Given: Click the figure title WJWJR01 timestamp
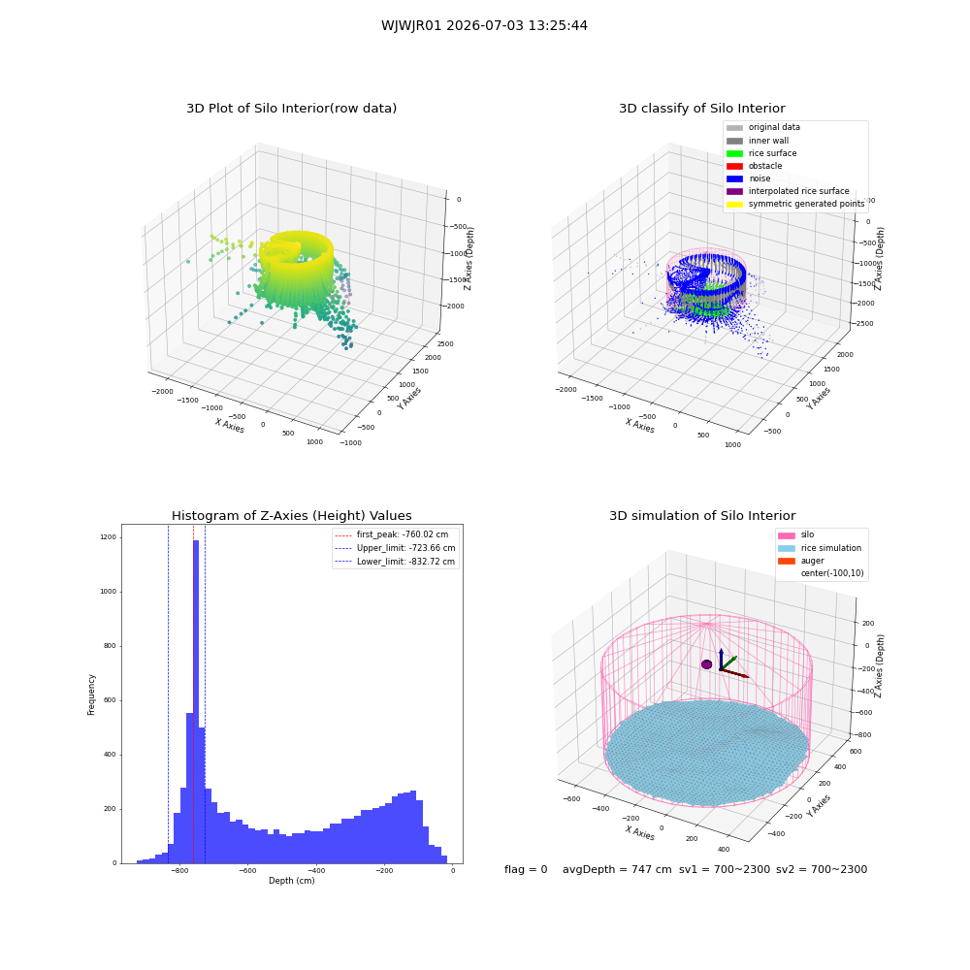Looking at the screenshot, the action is point(484,25).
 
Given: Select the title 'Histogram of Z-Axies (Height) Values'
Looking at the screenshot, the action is point(291,515).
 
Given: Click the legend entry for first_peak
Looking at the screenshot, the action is point(392,534).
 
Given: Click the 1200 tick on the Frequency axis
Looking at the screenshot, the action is point(108,537).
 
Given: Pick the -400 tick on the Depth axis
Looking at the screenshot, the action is point(315,871).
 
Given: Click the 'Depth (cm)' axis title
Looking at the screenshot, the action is point(291,881).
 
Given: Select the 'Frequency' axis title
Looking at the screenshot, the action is point(91,695).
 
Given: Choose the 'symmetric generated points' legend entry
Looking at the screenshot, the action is point(795,204).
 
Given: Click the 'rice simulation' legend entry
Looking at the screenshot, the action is point(820,548).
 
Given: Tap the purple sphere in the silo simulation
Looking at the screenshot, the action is point(706,664).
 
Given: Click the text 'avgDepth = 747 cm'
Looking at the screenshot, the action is point(617,869).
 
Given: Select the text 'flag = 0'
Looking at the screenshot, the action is point(526,869).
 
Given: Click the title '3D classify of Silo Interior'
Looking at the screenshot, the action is point(702,109).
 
